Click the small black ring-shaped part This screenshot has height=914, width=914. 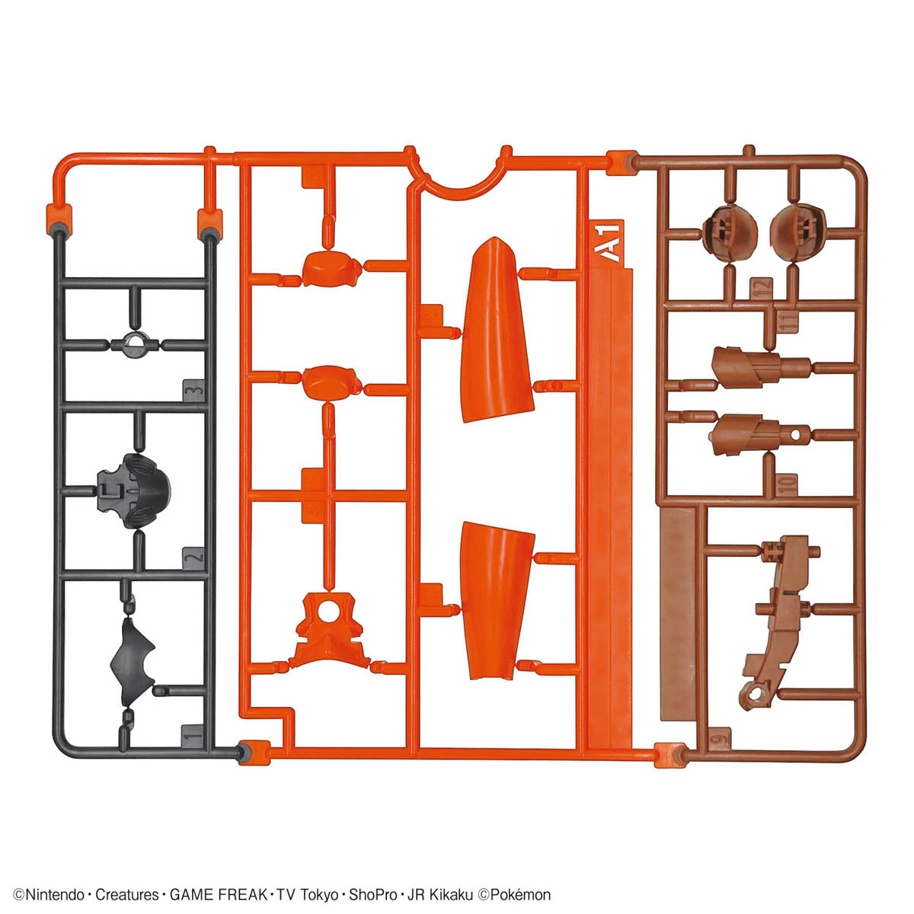[x=136, y=344]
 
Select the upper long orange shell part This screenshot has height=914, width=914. [x=496, y=331]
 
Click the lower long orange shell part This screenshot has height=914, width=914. [x=497, y=602]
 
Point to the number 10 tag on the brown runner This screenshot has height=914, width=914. [x=787, y=481]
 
